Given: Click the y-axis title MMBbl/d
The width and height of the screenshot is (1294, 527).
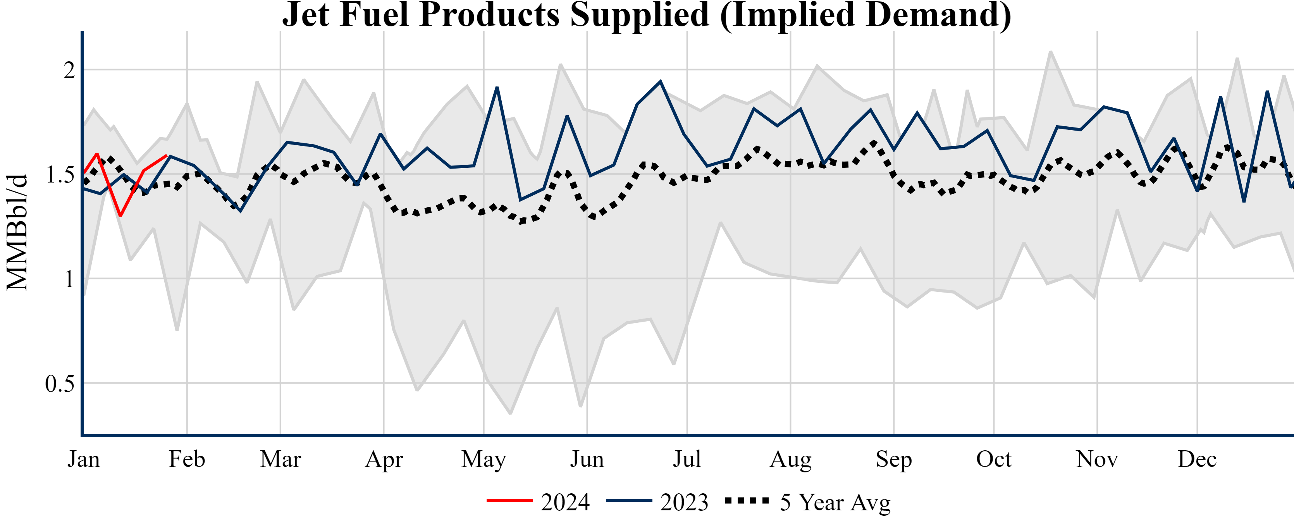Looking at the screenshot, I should (x=17, y=232).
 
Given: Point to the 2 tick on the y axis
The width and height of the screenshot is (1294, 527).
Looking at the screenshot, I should (x=69, y=71).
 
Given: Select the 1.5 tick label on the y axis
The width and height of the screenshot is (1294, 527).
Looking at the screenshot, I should (x=60, y=175).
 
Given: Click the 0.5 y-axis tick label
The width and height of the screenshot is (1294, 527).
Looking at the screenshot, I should (x=60, y=384).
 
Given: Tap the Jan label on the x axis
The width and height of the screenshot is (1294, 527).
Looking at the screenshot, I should (x=83, y=459).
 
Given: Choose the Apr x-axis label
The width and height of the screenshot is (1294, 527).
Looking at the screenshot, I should (x=384, y=459).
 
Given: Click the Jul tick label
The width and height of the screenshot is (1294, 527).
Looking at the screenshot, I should (x=687, y=459).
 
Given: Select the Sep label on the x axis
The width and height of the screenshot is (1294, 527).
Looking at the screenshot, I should (x=894, y=459).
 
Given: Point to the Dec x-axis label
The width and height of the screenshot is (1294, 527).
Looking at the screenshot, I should (x=1197, y=459).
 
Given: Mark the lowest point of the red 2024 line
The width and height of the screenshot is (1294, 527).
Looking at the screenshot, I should (x=120, y=215).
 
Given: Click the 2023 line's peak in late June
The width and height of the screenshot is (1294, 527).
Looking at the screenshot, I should (x=660, y=81).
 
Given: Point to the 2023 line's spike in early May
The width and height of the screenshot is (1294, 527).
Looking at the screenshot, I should (x=497, y=88).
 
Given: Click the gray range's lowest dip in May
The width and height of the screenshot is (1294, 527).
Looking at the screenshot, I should (x=510, y=413).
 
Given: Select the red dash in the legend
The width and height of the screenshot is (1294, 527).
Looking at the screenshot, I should (x=509, y=500).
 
